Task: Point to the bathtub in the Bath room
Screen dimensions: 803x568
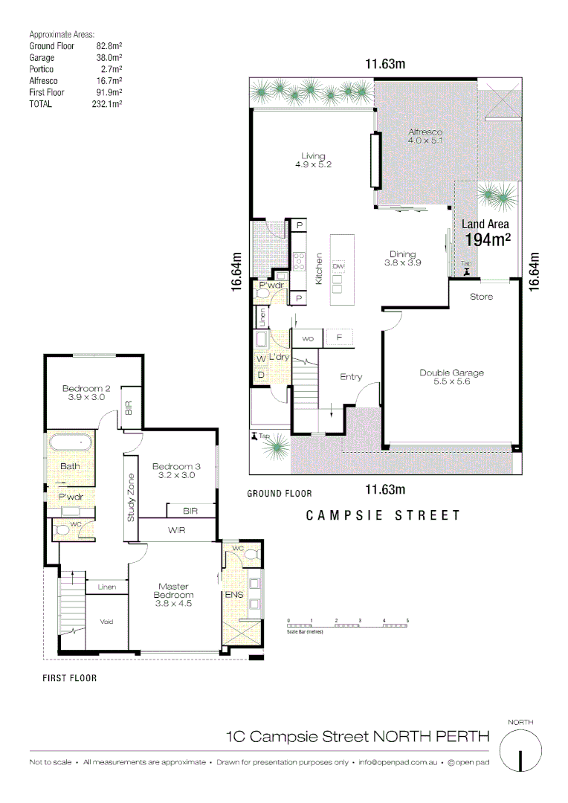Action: (71, 444)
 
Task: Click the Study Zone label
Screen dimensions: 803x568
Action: (131, 497)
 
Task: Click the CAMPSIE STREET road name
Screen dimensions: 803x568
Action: (384, 515)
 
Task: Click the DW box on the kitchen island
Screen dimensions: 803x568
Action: (338, 266)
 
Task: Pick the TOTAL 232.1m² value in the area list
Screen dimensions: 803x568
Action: (106, 105)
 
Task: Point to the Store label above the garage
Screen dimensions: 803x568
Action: (481, 297)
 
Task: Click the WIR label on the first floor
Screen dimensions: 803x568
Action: (176, 531)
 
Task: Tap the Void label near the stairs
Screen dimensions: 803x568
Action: (106, 622)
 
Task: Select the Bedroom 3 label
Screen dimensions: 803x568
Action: (173, 471)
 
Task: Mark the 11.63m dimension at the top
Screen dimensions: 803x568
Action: (385, 65)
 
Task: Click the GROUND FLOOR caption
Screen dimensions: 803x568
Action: (279, 493)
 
